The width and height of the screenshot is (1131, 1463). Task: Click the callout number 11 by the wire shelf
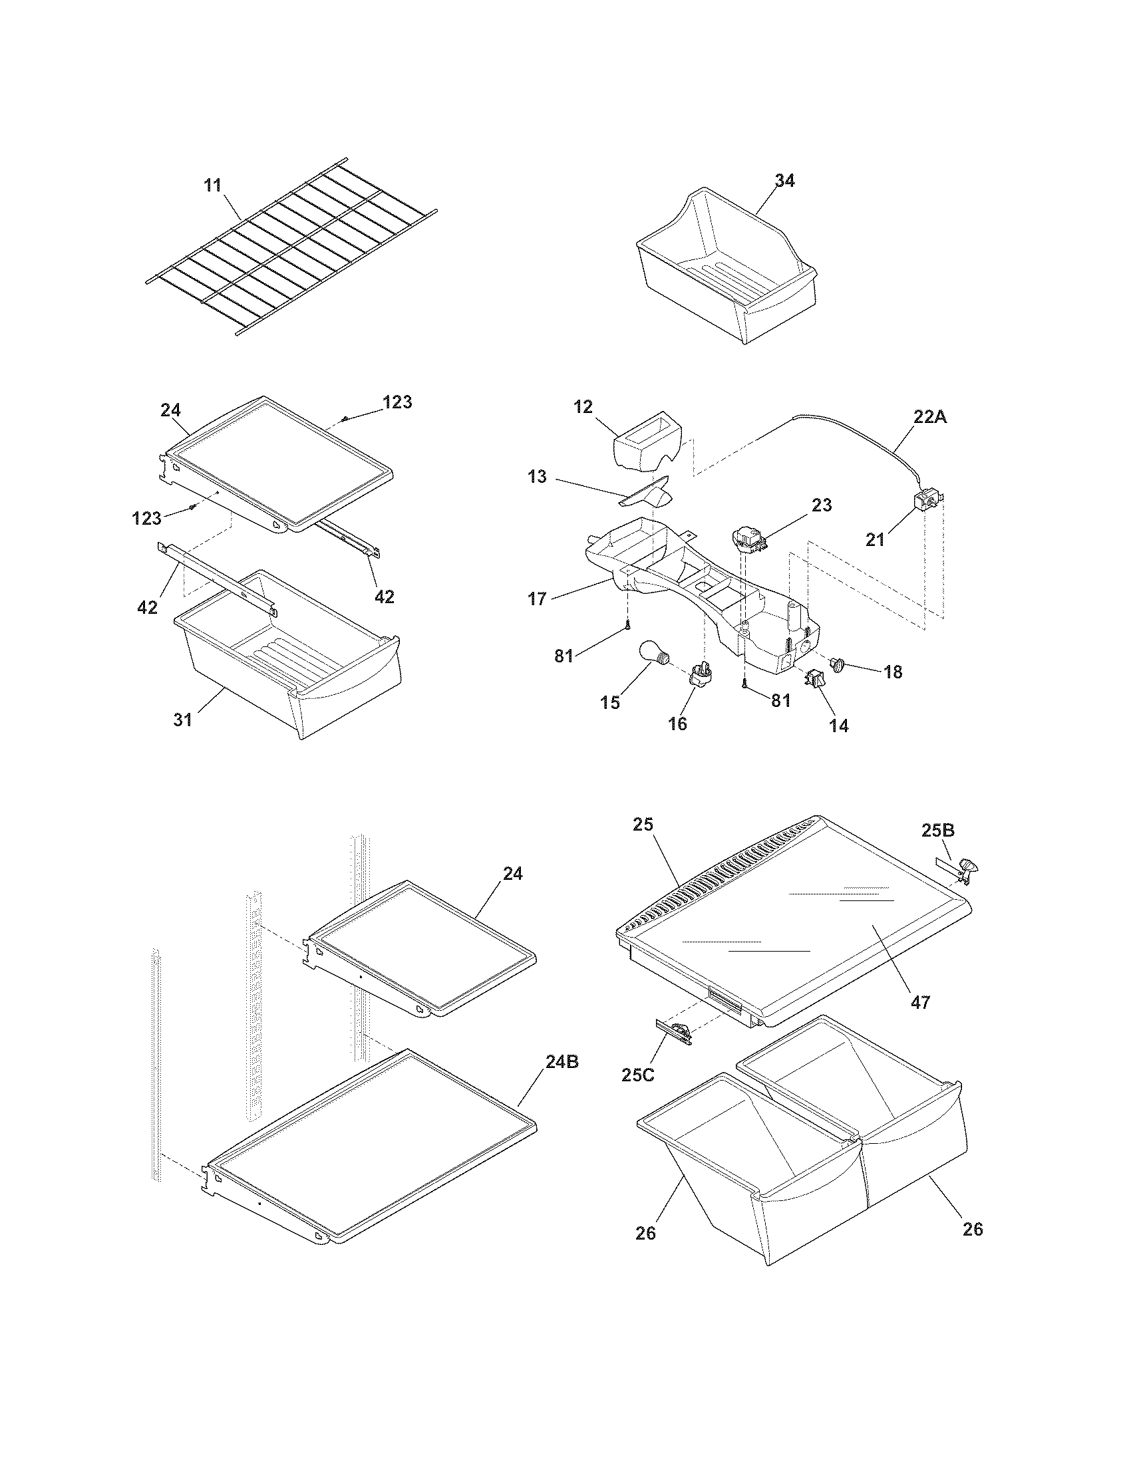(212, 186)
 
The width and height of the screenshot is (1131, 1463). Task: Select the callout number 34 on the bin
(784, 181)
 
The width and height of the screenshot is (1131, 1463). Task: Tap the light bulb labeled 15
(653, 653)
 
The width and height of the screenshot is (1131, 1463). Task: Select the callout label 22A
(931, 417)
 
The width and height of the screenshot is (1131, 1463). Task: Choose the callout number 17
(537, 598)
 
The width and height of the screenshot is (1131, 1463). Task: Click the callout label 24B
(562, 1063)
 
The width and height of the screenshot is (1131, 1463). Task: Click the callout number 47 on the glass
(921, 1003)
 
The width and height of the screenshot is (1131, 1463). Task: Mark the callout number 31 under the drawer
(183, 720)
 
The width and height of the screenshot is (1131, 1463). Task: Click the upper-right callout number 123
(397, 402)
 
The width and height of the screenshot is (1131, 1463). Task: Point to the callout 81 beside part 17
(564, 656)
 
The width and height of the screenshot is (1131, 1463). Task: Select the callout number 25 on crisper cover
(643, 825)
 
